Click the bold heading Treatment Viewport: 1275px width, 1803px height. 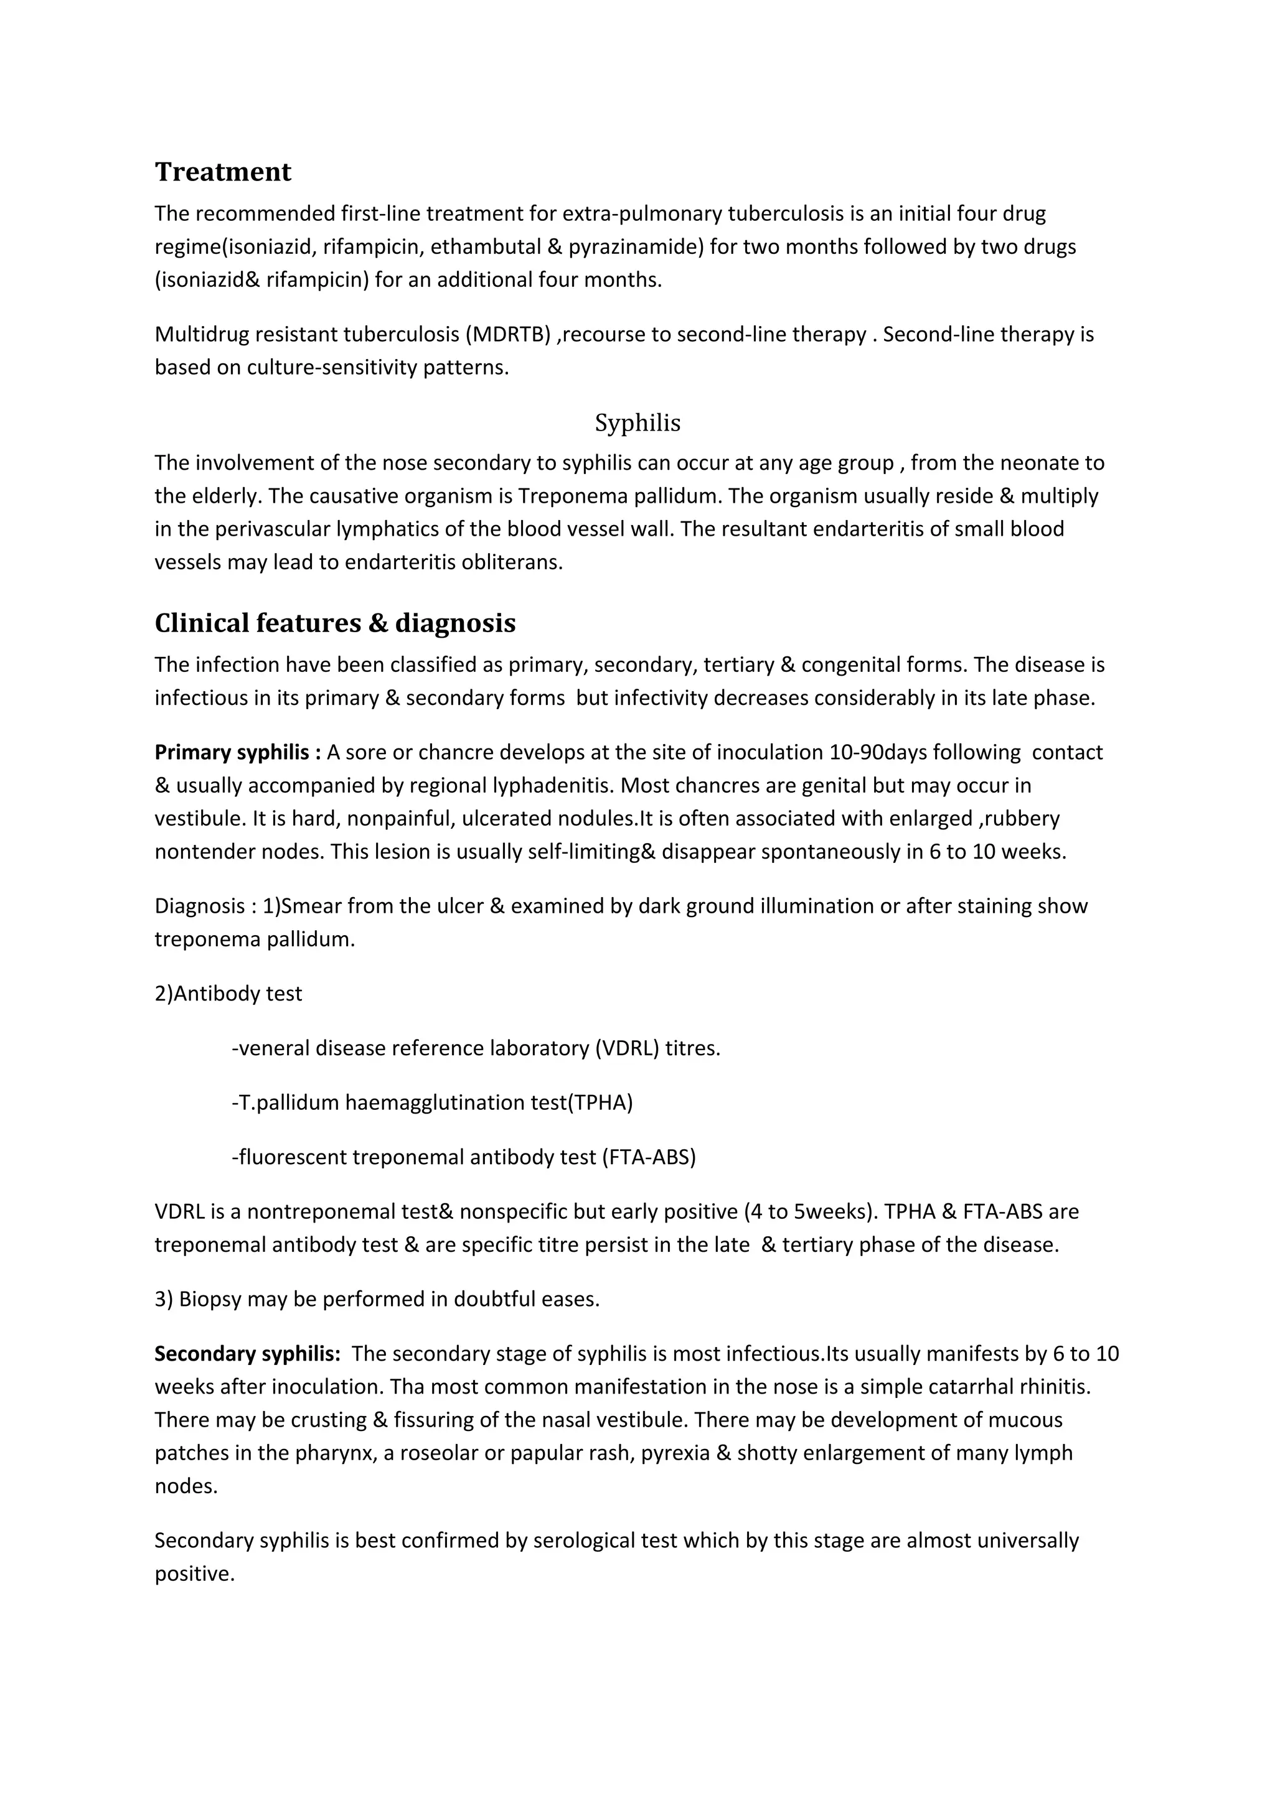(x=222, y=172)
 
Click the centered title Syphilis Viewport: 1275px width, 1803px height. (x=637, y=423)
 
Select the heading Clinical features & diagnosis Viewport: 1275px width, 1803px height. (x=335, y=623)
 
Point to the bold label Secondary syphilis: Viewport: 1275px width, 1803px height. (x=247, y=1354)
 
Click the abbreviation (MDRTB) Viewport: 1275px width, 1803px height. (x=507, y=335)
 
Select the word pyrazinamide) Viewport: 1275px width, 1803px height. (x=636, y=246)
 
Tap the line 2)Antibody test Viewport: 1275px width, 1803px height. (x=228, y=994)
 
